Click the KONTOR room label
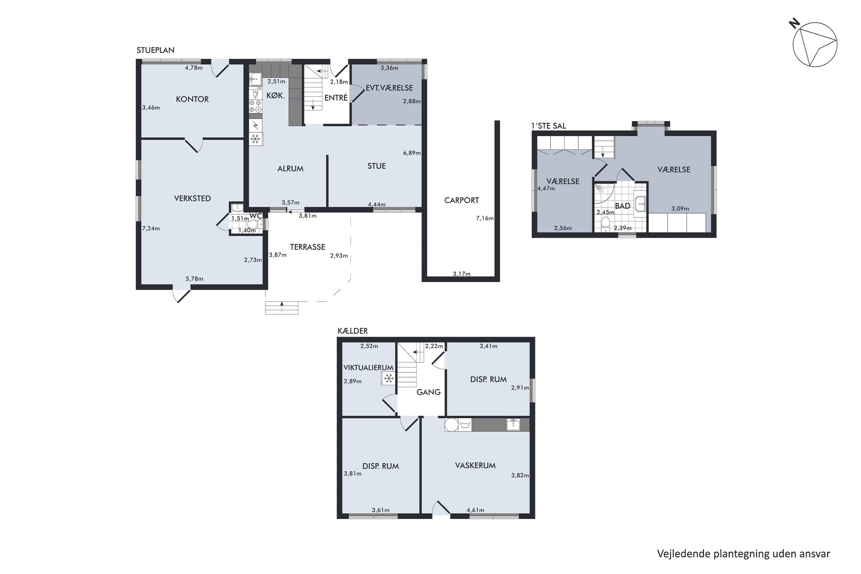192,99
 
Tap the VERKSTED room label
192,198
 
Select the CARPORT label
461,200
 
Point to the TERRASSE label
307,247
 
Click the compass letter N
794,24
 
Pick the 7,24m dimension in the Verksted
151,228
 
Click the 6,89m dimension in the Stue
412,153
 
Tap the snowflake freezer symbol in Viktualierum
388,378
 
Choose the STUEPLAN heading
155,50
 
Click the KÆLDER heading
352,331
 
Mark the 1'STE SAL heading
548,126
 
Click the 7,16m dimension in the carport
485,218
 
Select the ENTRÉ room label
336,98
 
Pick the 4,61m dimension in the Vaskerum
475,510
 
